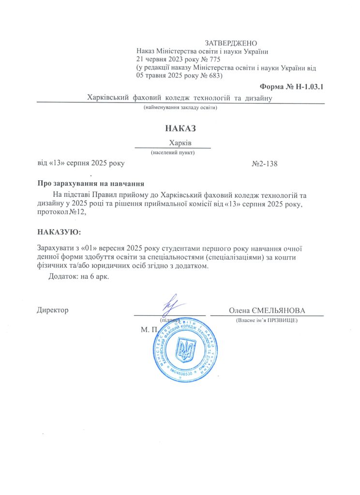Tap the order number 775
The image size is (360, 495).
coord(214,59)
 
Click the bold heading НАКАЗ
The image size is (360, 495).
coord(180,129)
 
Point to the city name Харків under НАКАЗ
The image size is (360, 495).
coord(180,143)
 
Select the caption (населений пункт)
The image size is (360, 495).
coord(173,152)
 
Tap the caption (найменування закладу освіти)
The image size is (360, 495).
coord(180,108)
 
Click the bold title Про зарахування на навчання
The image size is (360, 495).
coord(91,184)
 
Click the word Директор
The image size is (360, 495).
coord(53,310)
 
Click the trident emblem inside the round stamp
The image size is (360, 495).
coord(185,349)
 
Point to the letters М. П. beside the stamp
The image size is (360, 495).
coord(150,330)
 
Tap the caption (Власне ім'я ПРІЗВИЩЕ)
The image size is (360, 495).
coord(266,320)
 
